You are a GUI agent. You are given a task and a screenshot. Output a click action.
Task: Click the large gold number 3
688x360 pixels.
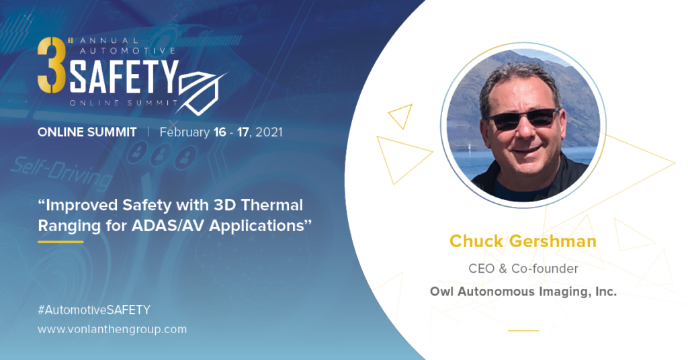(52, 65)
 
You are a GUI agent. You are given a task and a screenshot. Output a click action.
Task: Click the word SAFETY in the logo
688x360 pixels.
(124, 77)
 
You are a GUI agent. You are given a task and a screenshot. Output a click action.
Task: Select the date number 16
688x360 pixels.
(220, 132)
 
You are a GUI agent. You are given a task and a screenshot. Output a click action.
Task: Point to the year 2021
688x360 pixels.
(269, 132)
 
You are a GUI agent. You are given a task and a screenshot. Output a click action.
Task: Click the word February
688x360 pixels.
(185, 132)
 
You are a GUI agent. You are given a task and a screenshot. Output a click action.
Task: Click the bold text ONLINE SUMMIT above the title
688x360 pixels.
(87, 132)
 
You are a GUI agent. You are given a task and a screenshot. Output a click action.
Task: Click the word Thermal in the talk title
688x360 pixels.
(272, 205)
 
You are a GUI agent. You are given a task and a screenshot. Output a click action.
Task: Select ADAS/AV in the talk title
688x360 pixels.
(169, 226)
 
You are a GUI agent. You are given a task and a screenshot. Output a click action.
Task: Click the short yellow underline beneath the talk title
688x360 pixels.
(60, 242)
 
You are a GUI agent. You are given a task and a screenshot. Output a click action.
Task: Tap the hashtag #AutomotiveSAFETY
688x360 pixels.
(94, 310)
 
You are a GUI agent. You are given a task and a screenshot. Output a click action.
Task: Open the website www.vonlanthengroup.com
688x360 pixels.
(112, 329)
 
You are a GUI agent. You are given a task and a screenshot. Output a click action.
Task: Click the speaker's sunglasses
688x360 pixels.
(523, 119)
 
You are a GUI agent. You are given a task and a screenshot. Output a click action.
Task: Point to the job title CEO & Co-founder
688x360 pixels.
(523, 269)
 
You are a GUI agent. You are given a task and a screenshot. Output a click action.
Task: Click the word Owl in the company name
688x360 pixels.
(441, 291)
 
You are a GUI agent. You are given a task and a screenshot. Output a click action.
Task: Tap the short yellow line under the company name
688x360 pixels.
(523, 330)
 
